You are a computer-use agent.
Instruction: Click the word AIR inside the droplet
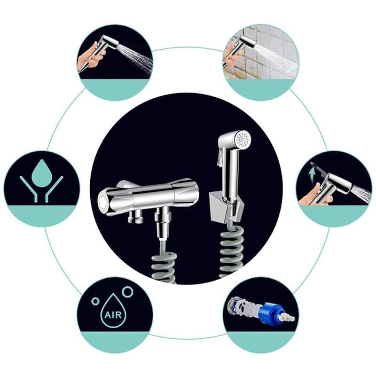tap(113, 314)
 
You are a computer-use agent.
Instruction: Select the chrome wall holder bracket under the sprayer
tap(226, 208)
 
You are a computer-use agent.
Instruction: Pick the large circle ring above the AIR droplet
tap(127, 291)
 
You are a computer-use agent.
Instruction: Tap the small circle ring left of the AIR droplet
tap(95, 301)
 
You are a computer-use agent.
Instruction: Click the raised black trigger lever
tap(319, 168)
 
